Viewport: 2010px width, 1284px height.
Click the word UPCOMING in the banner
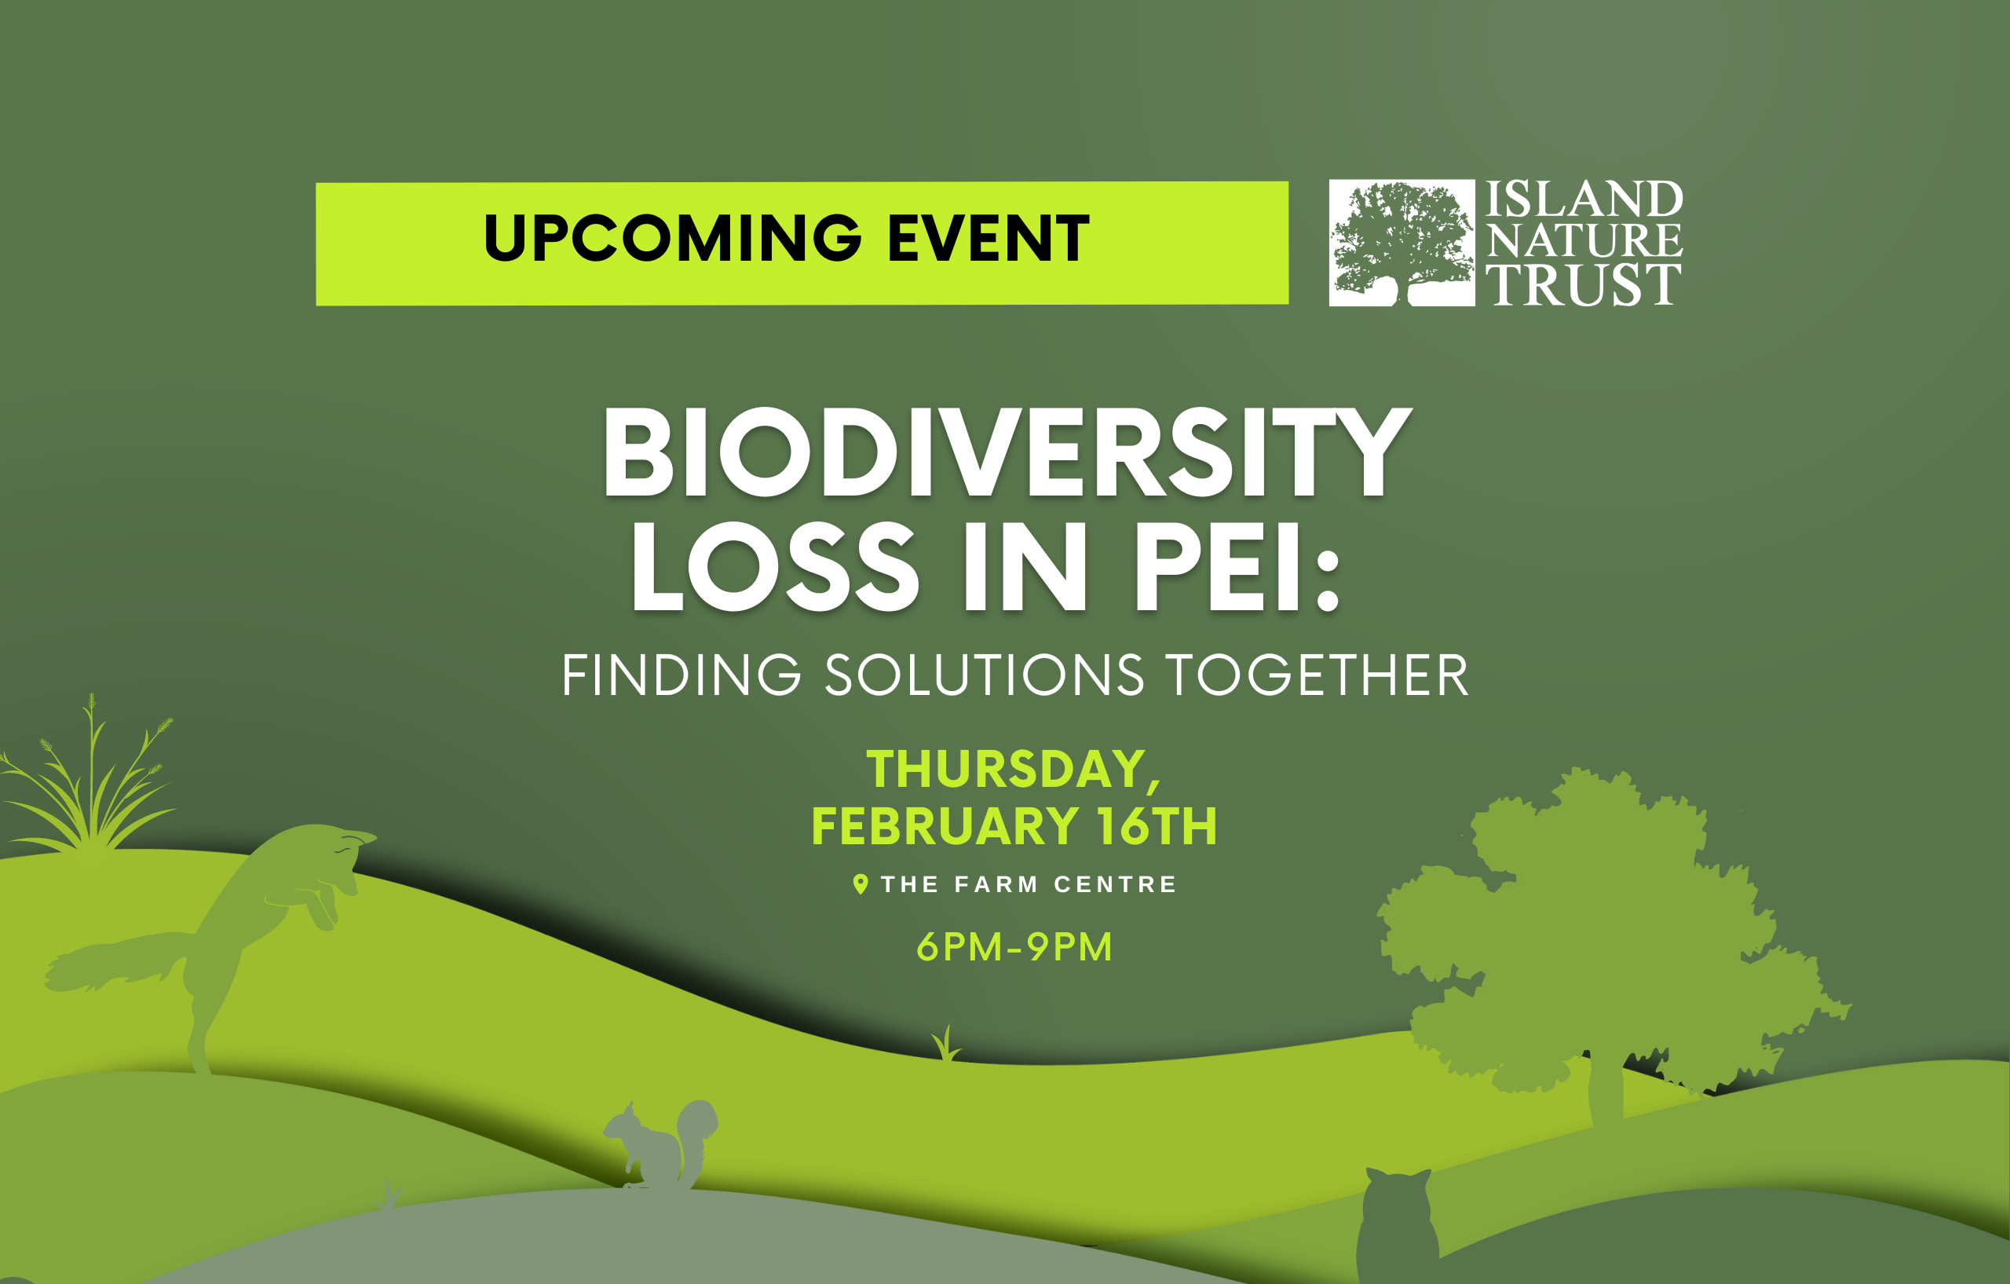click(672, 239)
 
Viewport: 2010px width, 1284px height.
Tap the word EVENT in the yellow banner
click(989, 239)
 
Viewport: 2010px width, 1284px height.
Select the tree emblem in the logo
click(1402, 243)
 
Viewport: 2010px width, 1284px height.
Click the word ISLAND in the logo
click(1584, 199)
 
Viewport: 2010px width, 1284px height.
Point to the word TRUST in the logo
click(1584, 285)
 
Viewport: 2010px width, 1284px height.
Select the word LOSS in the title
click(775, 567)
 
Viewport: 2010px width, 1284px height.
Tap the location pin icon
click(861, 884)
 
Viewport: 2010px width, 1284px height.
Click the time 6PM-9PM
click(1014, 947)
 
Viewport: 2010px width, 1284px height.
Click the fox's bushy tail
click(117, 963)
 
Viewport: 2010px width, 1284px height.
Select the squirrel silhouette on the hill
click(660, 1143)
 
